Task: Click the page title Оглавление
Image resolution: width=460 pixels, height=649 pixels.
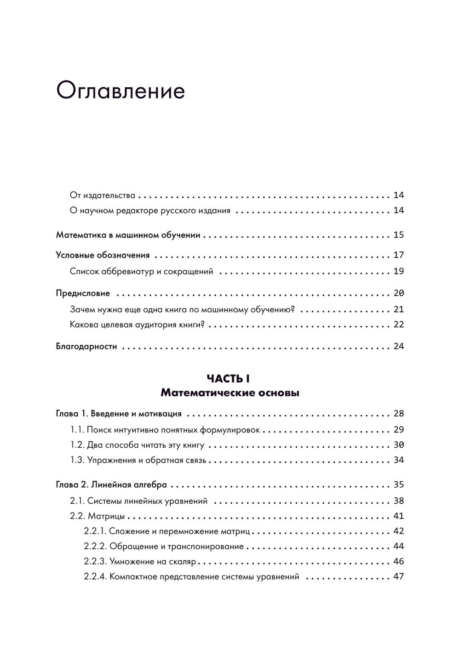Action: (121, 91)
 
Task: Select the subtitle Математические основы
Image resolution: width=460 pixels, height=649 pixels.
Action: (230, 393)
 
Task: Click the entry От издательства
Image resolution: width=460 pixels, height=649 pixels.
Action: (103, 195)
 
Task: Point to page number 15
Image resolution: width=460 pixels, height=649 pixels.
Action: (398, 235)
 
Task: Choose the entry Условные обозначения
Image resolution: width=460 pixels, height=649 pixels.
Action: (103, 255)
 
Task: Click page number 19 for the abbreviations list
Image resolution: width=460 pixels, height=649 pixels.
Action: (398, 271)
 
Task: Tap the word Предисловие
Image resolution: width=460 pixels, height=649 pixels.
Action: (83, 293)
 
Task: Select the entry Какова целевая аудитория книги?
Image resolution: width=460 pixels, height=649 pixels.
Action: (137, 324)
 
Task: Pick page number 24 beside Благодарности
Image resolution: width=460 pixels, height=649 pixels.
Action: (398, 346)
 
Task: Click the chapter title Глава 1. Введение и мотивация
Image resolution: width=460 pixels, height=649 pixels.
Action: (119, 414)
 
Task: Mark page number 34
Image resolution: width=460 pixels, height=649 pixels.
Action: (398, 461)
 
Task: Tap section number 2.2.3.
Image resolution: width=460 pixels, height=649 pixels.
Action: (95, 562)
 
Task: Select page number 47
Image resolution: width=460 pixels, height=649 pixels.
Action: (398, 576)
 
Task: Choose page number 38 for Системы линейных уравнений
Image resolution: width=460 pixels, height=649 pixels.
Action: (398, 501)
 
